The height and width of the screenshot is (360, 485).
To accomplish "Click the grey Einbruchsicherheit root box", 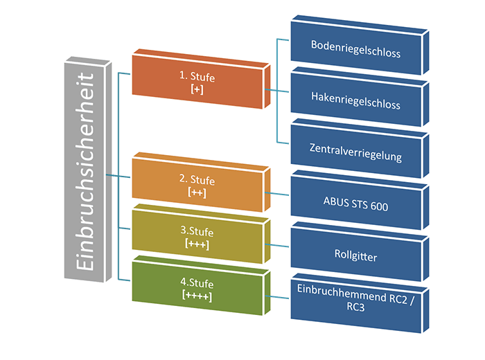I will point(85,170).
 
